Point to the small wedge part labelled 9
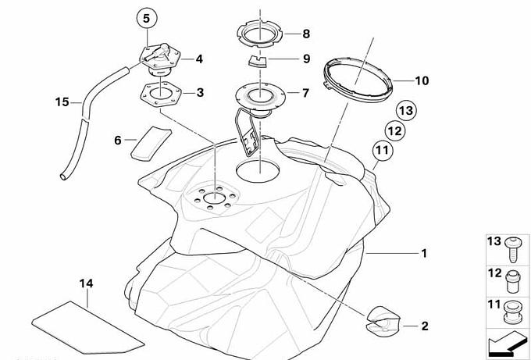(x=256, y=59)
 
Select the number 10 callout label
(x=422, y=80)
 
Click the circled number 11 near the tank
(x=381, y=151)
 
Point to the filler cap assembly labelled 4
(x=158, y=58)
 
